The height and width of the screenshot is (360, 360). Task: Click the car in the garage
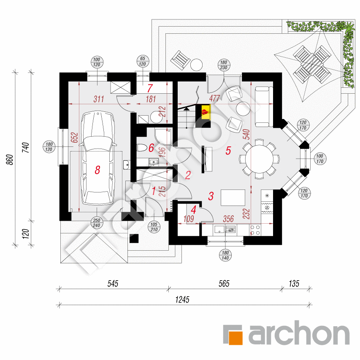(97, 158)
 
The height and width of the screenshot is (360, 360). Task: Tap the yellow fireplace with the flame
(206, 112)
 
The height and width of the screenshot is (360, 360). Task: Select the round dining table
(259, 159)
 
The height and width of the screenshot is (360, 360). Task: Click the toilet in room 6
(142, 148)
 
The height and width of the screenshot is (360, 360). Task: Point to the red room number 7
(150, 88)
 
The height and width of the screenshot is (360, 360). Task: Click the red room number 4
(194, 210)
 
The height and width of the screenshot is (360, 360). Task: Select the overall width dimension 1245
(182, 300)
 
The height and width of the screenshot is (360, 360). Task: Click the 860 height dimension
(10, 160)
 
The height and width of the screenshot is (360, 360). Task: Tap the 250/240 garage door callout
(96, 223)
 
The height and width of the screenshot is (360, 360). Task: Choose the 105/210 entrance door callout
(154, 227)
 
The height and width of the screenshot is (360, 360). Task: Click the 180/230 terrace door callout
(224, 65)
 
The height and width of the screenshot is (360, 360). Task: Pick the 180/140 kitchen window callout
(225, 255)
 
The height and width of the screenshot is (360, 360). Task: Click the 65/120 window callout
(143, 61)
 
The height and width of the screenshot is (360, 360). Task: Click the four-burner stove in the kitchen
(255, 230)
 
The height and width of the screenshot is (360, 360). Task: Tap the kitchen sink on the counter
(219, 229)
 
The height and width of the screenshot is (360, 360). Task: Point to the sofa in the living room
(264, 107)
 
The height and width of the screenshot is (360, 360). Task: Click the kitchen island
(233, 198)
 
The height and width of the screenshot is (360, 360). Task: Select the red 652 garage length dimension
(75, 137)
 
